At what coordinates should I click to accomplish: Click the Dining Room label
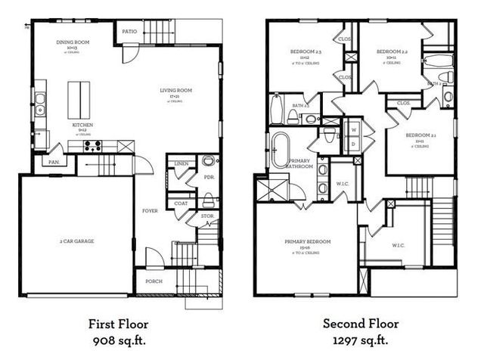[74, 42]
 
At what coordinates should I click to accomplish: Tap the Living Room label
[176, 91]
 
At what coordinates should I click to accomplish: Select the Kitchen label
[82, 124]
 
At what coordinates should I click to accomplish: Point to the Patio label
[129, 32]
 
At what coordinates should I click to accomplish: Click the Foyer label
[150, 211]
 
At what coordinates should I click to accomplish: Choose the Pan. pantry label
[54, 163]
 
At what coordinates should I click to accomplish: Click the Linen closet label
[181, 163]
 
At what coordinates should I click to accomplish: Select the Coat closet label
[181, 203]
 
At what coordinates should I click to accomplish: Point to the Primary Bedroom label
[307, 242]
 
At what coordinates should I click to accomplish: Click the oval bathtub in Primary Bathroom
[280, 150]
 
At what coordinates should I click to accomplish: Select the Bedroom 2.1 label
[422, 135]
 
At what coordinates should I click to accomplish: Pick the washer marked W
[352, 129]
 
